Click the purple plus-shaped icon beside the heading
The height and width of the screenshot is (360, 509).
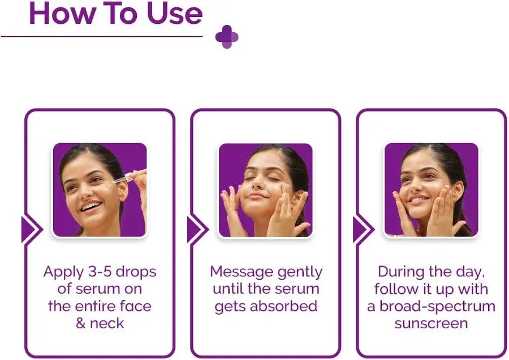(227, 37)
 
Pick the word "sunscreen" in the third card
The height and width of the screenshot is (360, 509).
(431, 324)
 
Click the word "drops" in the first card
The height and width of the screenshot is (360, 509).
(136, 272)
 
